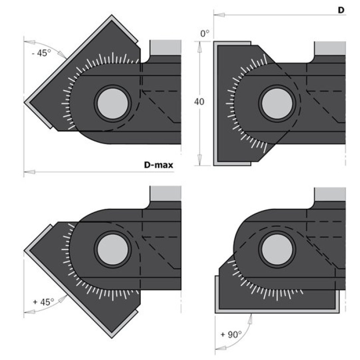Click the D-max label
pos(158,165)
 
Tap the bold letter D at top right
pos(341,10)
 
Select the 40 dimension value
pos(199,102)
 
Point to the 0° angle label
pos(205,33)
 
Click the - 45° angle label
pos(41,53)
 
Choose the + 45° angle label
pos(43,301)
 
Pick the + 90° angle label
pos(231,334)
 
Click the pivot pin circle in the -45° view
pos(113,103)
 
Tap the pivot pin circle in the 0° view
pos(277,103)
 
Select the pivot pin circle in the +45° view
pos(113,250)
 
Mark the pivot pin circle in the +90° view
pos(277,250)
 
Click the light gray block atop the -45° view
pos(166,48)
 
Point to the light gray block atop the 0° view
pos(330,49)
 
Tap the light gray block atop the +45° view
pos(166,193)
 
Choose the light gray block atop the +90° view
pos(330,195)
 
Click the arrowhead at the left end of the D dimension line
pos(219,15)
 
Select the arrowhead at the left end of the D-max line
pos(29,172)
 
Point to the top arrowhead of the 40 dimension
pos(199,47)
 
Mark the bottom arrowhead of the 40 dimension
pos(199,160)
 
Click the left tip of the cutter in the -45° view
pos(24,103)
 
